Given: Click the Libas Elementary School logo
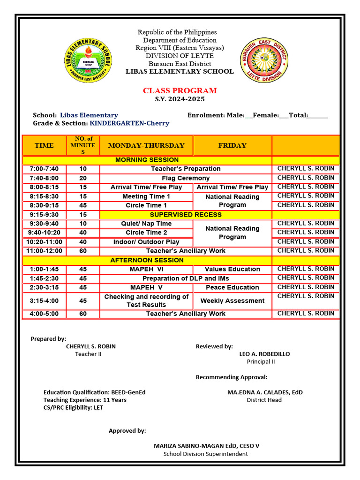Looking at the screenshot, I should [89, 60].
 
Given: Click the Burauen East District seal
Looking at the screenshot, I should [264, 60].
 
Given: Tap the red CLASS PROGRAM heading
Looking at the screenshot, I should [180, 90].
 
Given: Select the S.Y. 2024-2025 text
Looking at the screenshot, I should [180, 99].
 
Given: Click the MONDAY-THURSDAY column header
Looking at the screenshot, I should [146, 145].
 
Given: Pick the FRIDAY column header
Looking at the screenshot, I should [232, 145].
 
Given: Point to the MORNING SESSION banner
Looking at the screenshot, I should [147, 160].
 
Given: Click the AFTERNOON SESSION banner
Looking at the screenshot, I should [147, 260].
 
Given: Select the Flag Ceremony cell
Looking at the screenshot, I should [186, 178].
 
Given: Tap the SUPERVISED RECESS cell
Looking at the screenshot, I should [186, 215].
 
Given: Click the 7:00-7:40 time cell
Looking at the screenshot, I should [44, 169].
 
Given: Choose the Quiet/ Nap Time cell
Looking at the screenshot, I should [146, 224].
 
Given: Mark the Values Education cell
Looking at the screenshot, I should [232, 269].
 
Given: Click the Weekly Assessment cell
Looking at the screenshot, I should [232, 301].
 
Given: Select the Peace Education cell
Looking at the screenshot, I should [232, 287].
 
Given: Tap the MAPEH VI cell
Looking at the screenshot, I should [146, 269].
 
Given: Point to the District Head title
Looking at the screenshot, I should [264, 400].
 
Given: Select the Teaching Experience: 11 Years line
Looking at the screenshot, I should [85, 400].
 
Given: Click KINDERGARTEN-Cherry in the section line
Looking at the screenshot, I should [129, 123].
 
